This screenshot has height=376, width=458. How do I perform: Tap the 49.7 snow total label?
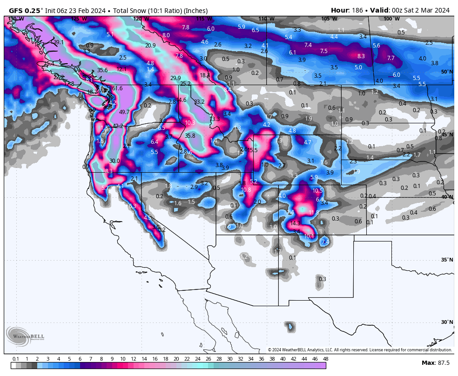124,112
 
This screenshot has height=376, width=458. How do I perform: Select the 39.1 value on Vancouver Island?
59,42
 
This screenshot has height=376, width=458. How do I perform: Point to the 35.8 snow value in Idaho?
190,136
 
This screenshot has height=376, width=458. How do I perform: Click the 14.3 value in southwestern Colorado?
295,223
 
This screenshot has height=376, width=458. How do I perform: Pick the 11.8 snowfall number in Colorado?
314,212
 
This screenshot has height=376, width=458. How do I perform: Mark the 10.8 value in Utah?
246,190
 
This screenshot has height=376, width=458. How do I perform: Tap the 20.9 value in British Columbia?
150,46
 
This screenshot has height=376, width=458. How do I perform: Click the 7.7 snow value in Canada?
391,58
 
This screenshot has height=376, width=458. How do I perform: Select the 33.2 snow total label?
200,101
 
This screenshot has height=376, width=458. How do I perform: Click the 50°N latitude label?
447,72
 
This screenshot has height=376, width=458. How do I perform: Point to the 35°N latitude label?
447,260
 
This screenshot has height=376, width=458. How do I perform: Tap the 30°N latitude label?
447,322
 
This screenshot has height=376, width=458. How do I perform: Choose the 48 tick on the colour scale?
325,359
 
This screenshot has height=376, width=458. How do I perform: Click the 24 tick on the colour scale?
198,359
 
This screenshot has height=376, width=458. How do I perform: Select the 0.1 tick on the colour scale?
16,359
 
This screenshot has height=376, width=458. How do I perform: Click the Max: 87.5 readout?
435,363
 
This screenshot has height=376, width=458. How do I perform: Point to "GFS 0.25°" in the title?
26,10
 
